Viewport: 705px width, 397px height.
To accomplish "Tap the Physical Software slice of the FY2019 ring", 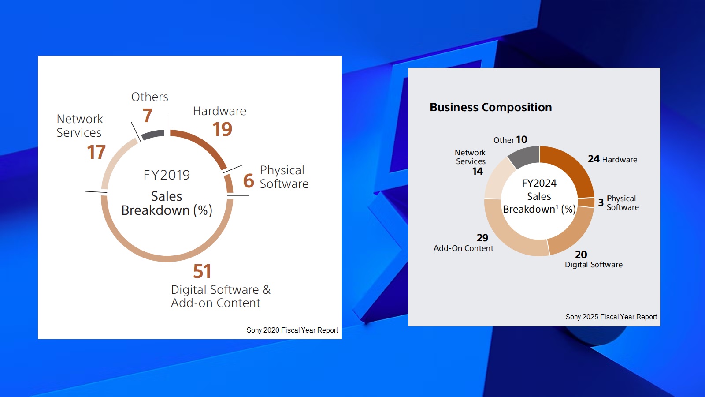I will tap(229, 184).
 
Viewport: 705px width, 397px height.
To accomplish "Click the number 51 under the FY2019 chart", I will tap(202, 271).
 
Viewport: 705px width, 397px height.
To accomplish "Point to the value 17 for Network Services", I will tap(96, 153).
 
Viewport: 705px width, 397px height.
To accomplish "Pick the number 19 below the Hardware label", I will tap(222, 129).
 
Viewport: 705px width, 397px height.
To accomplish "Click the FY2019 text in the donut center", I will tap(167, 175).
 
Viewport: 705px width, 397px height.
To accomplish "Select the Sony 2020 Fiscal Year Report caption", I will tap(292, 330).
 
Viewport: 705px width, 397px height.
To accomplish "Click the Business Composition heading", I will tap(490, 107).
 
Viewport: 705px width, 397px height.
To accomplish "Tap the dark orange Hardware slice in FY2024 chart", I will tap(571, 168).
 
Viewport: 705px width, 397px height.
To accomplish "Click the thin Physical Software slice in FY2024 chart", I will tap(586, 202).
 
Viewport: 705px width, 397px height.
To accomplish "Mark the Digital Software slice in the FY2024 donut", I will tap(572, 233).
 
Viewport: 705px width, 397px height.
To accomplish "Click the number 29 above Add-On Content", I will tap(482, 238).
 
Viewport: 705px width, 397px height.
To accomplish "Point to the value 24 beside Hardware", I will tap(594, 159).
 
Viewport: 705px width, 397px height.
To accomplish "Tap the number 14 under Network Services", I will tap(478, 171).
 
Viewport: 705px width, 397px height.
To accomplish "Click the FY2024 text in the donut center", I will tap(539, 183).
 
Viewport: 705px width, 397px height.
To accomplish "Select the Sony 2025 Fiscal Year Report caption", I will tap(611, 317).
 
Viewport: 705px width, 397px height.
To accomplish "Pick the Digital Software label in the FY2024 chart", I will tap(594, 265).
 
